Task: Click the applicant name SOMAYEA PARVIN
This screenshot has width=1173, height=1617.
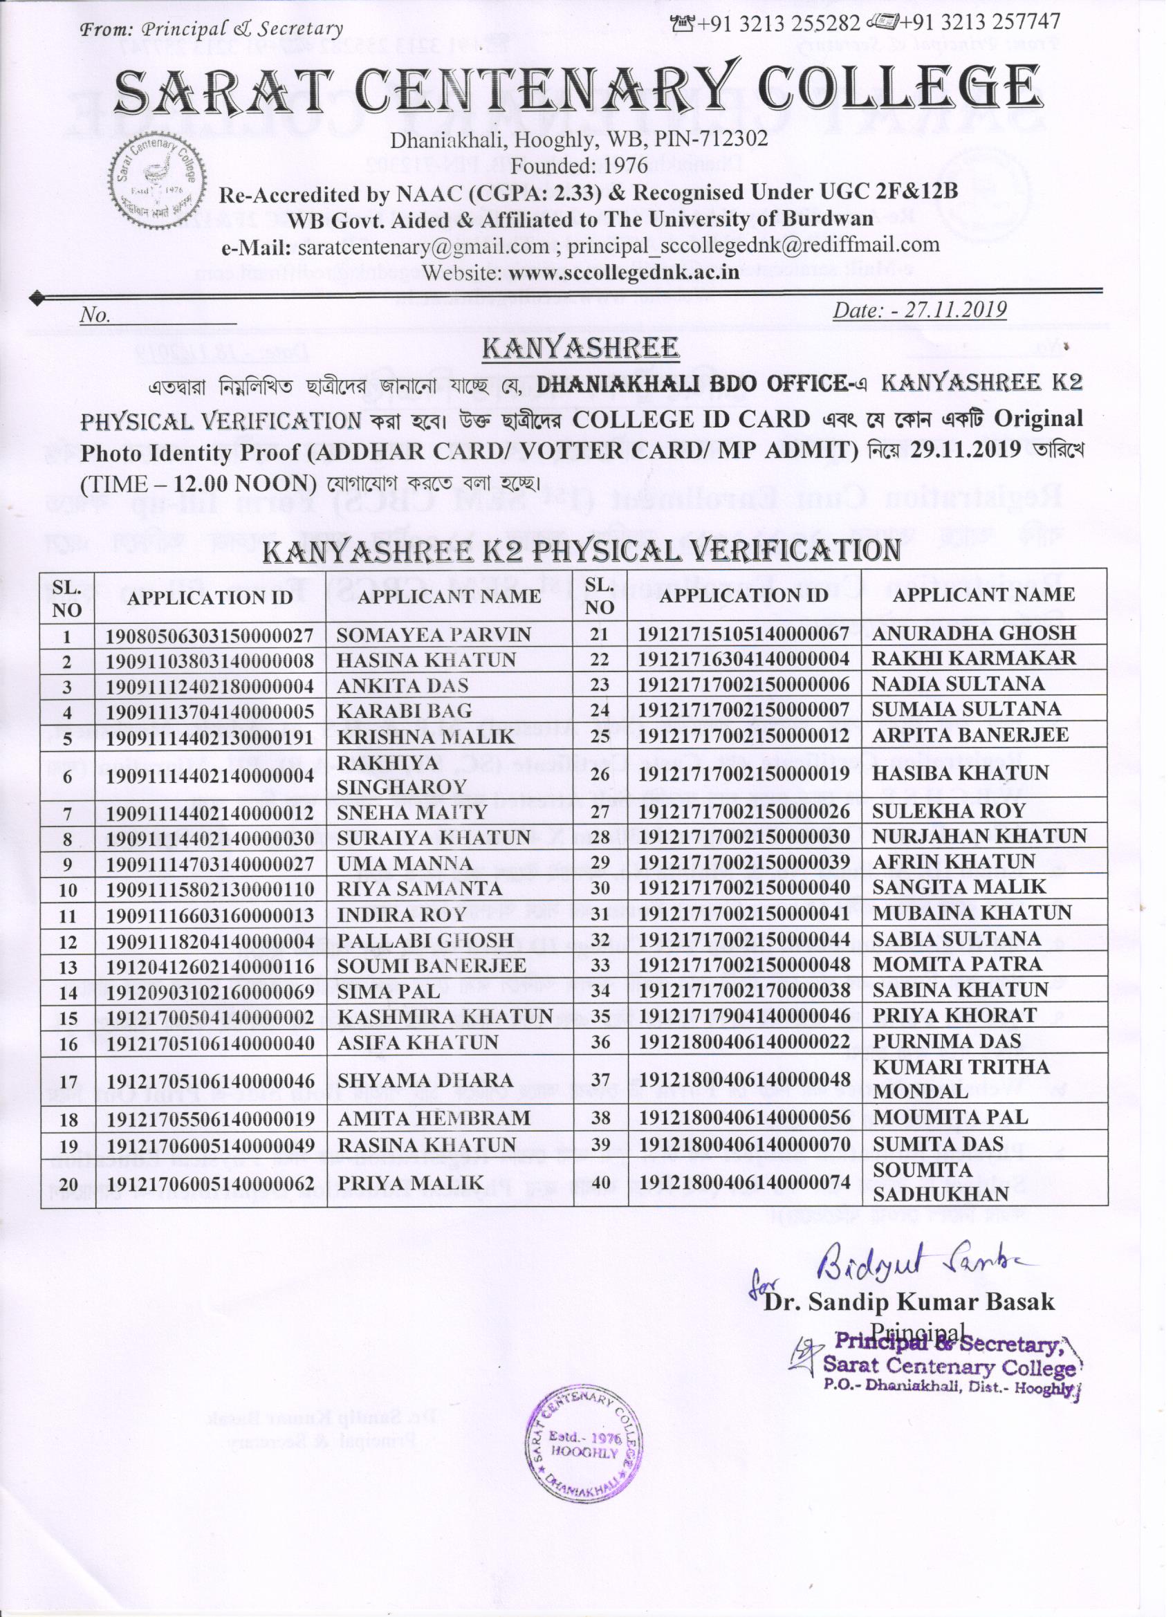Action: tap(434, 634)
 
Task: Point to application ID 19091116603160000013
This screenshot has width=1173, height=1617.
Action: tap(210, 915)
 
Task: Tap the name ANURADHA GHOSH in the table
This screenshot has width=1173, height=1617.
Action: tap(974, 632)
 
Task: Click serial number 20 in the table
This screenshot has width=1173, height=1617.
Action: tap(67, 1183)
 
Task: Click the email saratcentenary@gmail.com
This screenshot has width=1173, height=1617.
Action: tap(423, 246)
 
